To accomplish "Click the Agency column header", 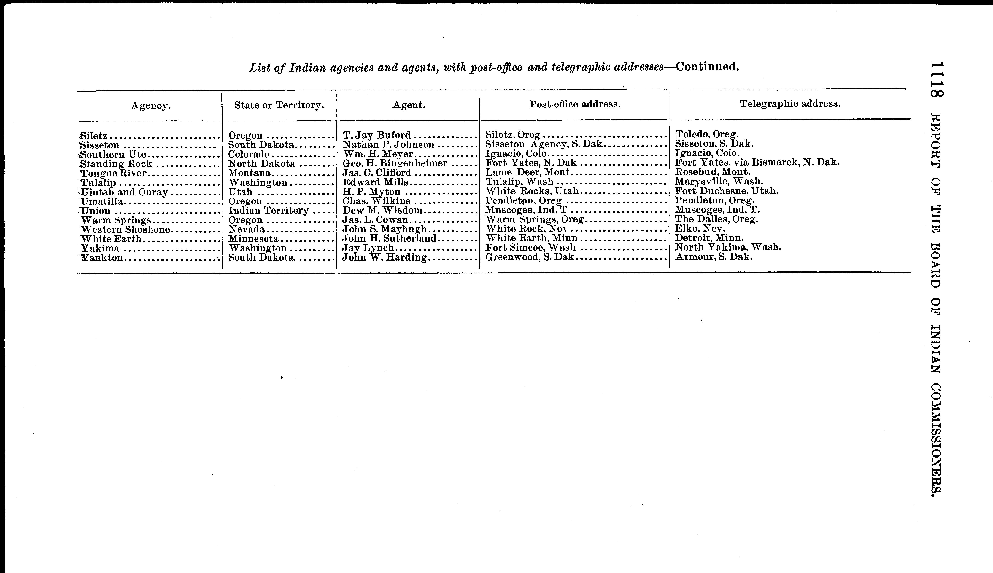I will click(x=151, y=105).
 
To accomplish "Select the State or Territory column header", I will click(x=279, y=105).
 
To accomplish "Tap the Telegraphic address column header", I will click(x=790, y=104).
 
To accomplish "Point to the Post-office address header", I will click(x=575, y=104).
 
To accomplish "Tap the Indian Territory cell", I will click(x=269, y=211).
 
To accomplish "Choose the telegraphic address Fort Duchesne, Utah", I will click(x=727, y=191).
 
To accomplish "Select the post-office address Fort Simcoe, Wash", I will click(x=530, y=248).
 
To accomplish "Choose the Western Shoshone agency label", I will click(x=125, y=229).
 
